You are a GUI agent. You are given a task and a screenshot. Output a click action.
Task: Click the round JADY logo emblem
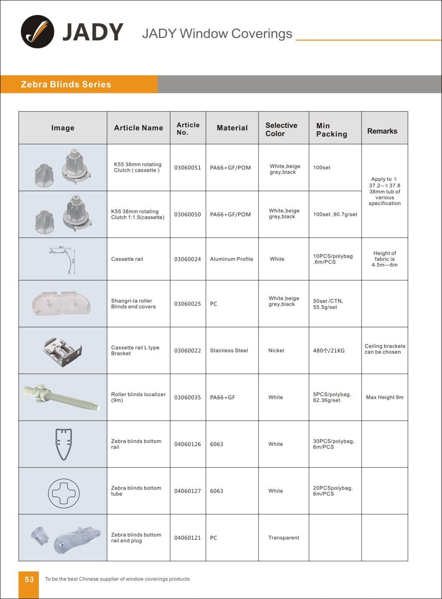pos(38,32)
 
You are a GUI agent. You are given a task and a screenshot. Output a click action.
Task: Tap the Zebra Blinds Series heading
pos(66,84)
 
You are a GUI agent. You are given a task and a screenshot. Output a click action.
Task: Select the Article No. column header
pos(188,128)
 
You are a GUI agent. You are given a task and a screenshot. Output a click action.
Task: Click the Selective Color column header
pos(281,129)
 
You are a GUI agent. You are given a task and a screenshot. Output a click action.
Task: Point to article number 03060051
pos(187,167)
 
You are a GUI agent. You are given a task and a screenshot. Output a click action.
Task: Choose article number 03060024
pos(187,259)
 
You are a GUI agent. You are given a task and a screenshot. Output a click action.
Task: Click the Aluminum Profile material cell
pos(231,259)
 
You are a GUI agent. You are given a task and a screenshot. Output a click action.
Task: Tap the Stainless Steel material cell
pos(229,350)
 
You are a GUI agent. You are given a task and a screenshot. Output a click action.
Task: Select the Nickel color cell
pos(276,350)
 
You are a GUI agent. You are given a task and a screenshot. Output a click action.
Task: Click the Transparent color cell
pos(284,538)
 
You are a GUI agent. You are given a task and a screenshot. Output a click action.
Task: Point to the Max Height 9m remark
pos(384,397)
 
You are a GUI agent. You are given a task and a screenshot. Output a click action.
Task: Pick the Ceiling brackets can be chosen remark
pos(384,349)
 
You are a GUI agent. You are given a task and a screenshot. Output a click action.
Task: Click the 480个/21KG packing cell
pos(329,350)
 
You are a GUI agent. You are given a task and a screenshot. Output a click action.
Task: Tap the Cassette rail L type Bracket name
pos(135,350)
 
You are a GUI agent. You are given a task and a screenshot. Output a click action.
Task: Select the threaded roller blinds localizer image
pos(63,397)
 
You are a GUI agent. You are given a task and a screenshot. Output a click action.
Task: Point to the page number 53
pos(29,579)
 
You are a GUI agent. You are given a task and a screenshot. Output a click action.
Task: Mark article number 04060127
pos(187,491)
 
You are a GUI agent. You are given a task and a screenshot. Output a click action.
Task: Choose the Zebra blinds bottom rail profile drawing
pos(63,444)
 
